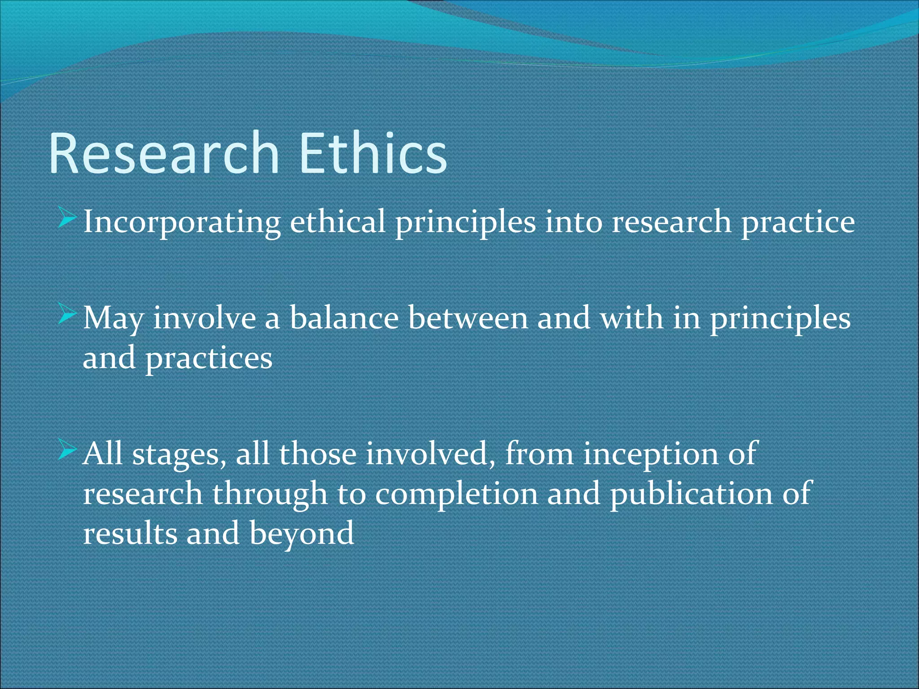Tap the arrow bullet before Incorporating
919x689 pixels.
(67, 220)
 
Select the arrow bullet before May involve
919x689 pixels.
(67, 317)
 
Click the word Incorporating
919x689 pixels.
(182, 222)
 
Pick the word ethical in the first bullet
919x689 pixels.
(337, 222)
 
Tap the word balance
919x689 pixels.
(344, 318)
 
